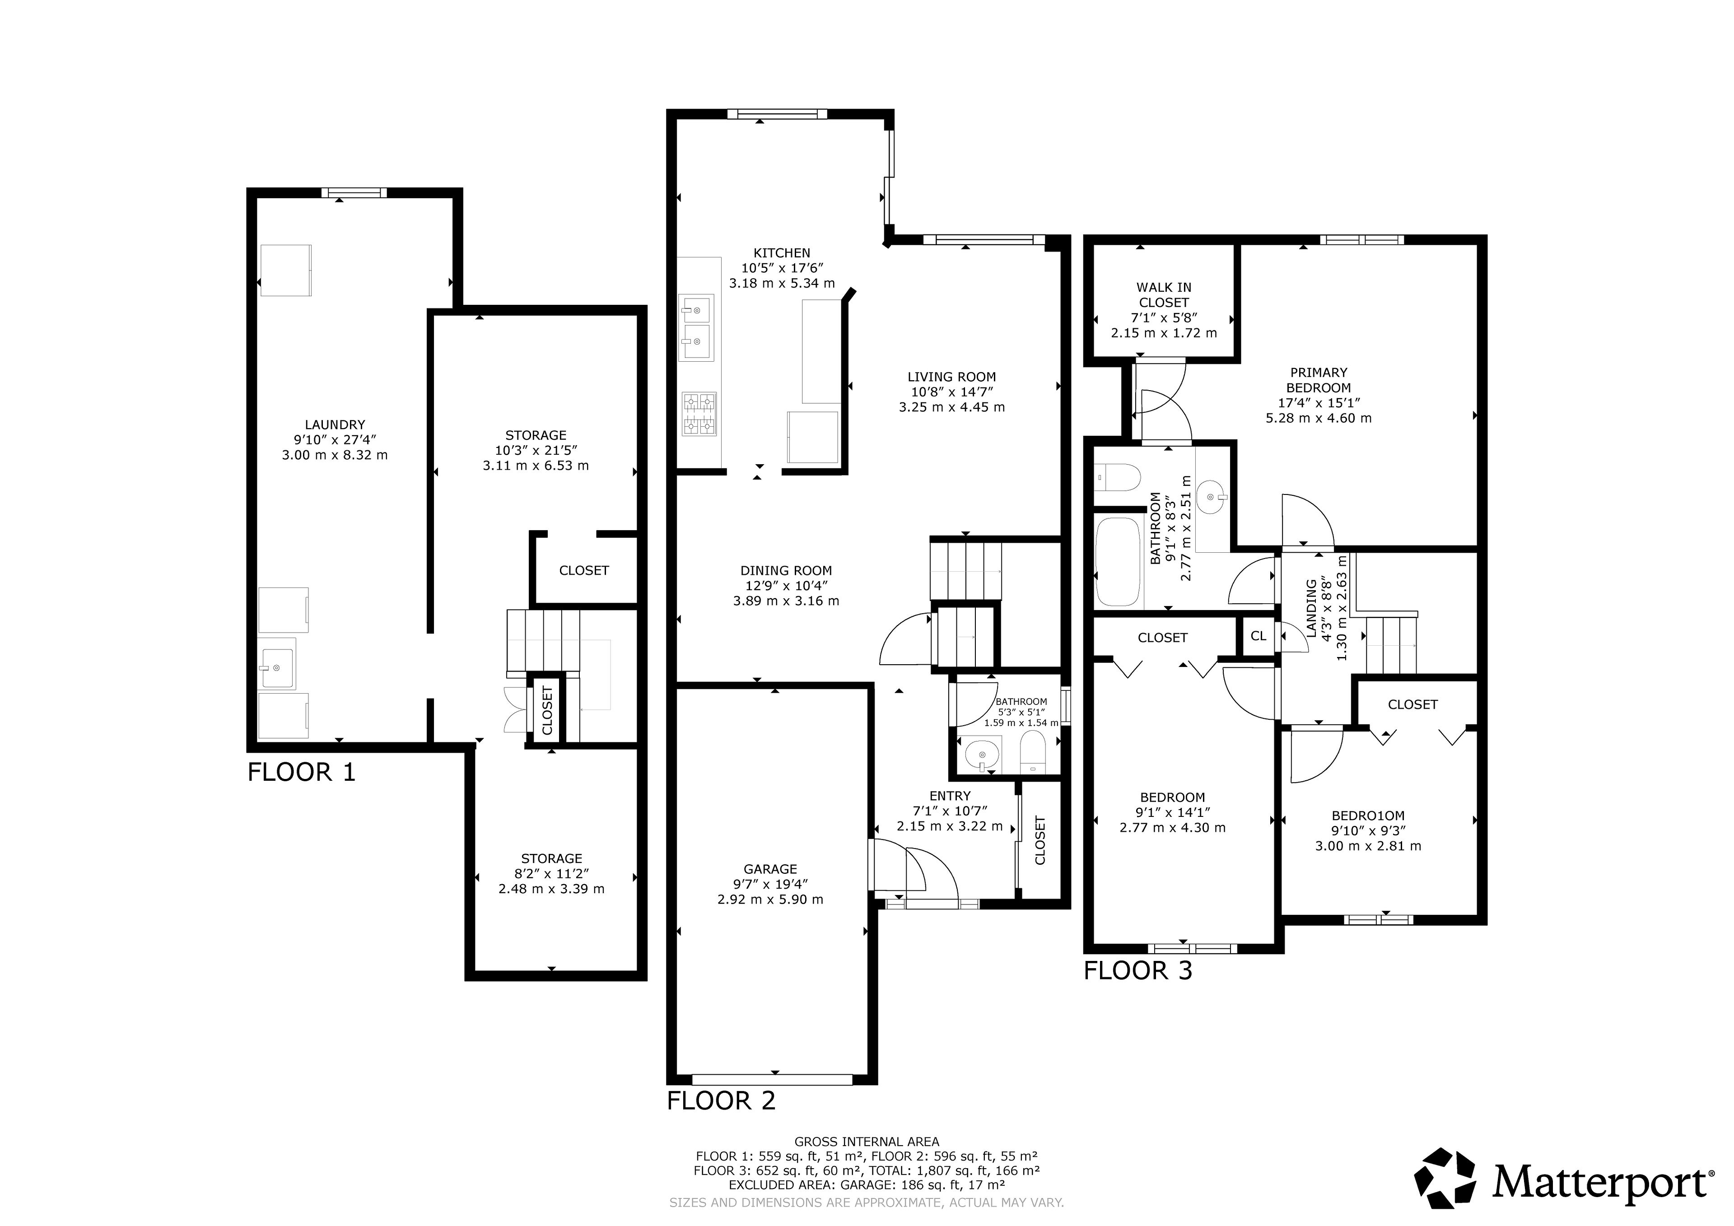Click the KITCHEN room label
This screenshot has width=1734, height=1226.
782,253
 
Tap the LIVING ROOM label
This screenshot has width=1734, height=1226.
951,377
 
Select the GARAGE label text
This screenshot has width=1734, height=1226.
770,869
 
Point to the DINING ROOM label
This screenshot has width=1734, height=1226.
786,571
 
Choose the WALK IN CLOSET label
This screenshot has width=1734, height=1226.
1164,294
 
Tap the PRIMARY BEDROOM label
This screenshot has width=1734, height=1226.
1319,380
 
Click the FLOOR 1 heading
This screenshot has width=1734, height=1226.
301,772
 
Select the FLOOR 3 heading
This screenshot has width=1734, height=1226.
1138,971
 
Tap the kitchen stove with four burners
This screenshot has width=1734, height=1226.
699,414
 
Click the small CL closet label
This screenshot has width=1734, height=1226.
1258,636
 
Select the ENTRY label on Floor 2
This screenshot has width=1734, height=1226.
950,796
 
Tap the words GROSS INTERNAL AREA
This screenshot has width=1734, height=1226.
867,1142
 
